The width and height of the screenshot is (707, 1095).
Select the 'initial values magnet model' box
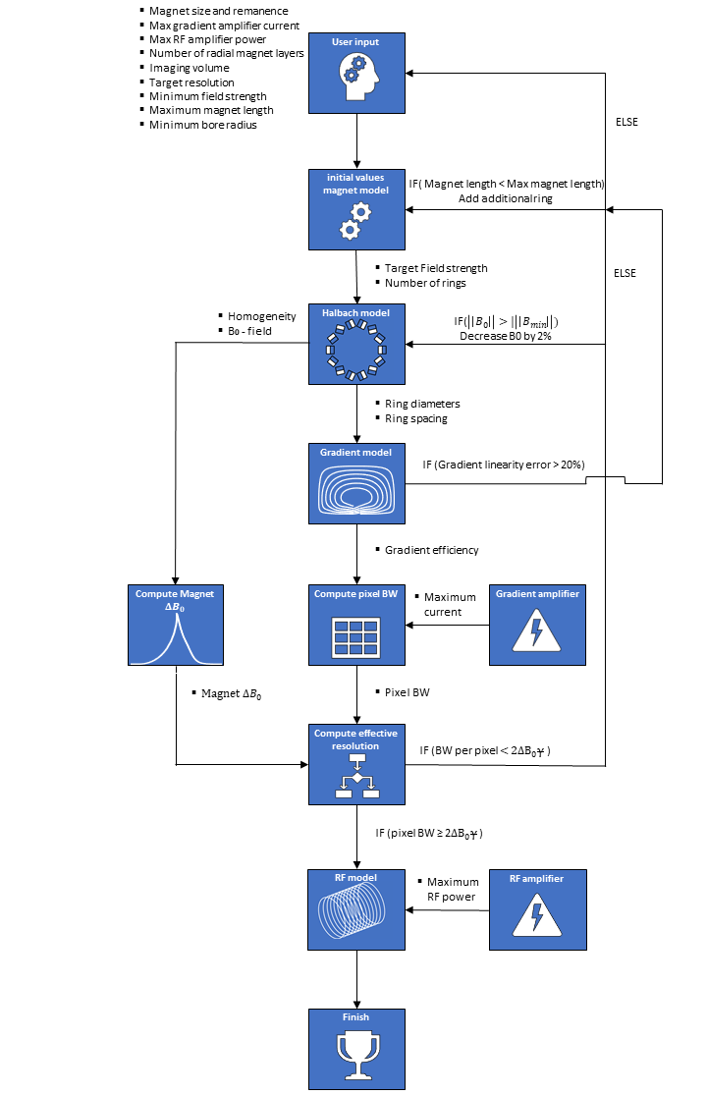point(356,208)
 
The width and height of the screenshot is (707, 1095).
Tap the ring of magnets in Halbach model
point(356,352)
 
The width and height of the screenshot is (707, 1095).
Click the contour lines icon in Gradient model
point(356,487)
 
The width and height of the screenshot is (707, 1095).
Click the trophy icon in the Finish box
point(356,1058)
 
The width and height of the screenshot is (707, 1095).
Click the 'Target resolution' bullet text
point(191,82)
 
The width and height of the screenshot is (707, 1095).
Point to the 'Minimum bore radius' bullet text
point(202,125)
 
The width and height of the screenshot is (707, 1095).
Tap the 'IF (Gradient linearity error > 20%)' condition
point(504,463)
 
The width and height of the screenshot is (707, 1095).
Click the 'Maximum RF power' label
point(452,889)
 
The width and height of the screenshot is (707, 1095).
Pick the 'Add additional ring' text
point(506,199)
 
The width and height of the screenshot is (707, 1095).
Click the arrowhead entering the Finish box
point(356,1003)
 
